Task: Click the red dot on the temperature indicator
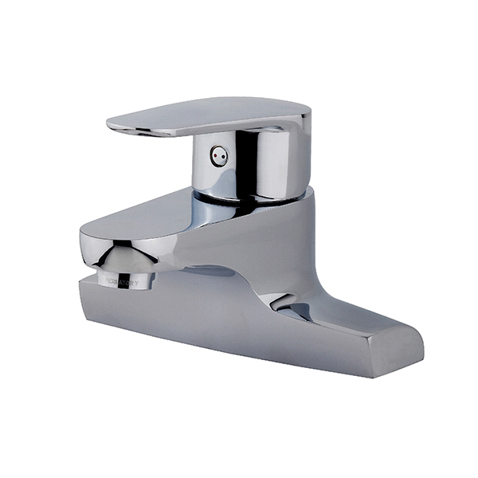pyautogui.click(x=216, y=156)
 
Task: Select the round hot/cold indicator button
pyautogui.click(x=218, y=156)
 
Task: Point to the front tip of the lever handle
pyautogui.click(x=111, y=122)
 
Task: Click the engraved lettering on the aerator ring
pyautogui.click(x=123, y=282)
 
